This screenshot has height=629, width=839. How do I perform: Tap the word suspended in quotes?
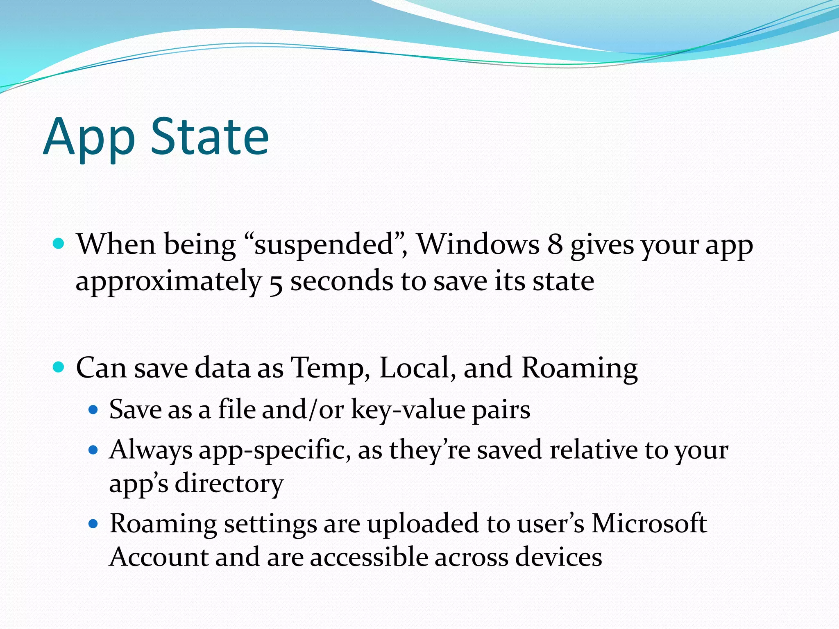click(x=324, y=244)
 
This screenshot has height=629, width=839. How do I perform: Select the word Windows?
click(x=478, y=244)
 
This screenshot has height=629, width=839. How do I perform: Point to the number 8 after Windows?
click(x=555, y=244)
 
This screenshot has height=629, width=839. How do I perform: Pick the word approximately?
click(x=168, y=282)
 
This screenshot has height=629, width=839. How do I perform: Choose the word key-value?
click(x=408, y=410)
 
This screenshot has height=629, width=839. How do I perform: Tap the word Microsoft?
click(x=649, y=524)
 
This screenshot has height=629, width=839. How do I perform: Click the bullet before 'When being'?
click(x=59, y=244)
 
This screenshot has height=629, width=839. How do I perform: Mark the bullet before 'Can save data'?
click(x=59, y=367)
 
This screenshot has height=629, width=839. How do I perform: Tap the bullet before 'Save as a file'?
click(x=93, y=410)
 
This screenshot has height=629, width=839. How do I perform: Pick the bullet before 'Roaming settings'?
click(x=93, y=523)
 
